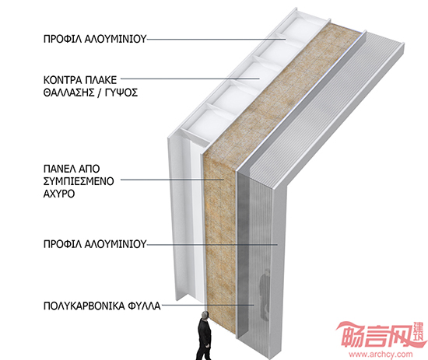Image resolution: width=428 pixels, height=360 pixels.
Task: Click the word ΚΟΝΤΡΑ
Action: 62,80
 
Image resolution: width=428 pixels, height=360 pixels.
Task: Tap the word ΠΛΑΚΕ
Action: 101,80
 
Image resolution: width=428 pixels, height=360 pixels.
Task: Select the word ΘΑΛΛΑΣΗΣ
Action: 68,93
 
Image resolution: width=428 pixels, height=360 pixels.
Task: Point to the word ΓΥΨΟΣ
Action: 120,93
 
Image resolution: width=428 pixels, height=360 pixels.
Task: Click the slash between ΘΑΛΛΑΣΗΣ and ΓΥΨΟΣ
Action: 97,93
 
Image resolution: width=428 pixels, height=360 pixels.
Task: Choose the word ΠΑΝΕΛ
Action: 58,169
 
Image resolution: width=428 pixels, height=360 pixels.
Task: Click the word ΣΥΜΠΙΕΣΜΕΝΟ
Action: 79,181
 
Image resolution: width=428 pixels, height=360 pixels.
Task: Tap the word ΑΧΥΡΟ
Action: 59,194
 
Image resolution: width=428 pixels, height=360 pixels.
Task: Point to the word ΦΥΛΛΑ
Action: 144,306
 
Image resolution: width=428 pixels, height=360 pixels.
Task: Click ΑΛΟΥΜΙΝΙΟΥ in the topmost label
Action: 115,39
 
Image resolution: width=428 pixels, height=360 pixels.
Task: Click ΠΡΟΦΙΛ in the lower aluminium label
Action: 62,244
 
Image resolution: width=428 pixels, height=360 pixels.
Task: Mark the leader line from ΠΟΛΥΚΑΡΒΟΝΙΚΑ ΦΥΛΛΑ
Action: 208,305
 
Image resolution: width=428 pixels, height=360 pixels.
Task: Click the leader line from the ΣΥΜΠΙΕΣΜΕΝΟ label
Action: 173,180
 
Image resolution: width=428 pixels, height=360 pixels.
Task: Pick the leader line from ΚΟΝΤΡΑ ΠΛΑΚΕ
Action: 190,79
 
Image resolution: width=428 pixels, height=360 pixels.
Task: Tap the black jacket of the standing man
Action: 204,332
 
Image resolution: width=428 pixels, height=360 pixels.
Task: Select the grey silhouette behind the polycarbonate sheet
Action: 265,294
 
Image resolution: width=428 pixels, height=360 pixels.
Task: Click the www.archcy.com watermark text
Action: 381,355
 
